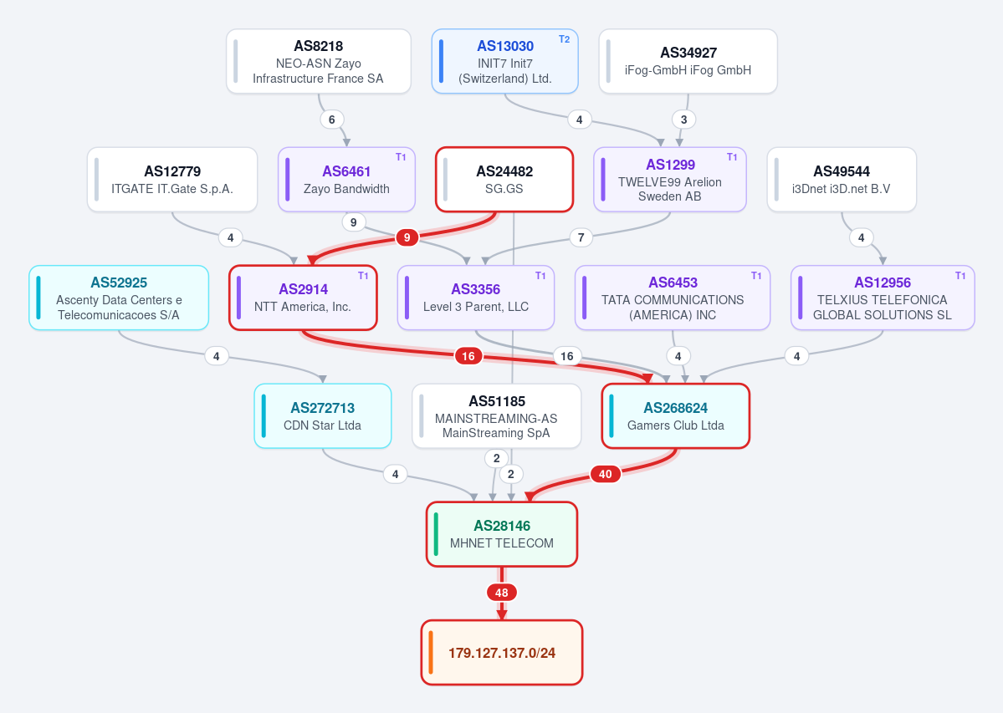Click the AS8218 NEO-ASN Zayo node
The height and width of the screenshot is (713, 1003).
click(x=319, y=61)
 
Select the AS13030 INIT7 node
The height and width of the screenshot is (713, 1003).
click(x=504, y=61)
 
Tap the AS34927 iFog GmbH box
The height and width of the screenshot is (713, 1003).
click(x=688, y=61)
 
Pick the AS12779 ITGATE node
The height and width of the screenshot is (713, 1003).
click(x=172, y=180)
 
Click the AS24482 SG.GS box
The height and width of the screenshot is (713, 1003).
click(x=504, y=180)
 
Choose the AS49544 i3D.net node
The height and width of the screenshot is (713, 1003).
click(x=842, y=180)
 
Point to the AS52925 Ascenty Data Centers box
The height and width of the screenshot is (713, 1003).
click(x=119, y=298)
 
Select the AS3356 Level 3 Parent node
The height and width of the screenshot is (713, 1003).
click(x=476, y=298)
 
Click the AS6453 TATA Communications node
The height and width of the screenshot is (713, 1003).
click(x=673, y=298)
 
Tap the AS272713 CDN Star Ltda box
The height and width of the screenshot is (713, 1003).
click(x=323, y=416)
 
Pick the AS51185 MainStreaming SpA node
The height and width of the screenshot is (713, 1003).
click(x=496, y=416)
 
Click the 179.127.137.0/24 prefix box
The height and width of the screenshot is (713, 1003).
click(x=502, y=652)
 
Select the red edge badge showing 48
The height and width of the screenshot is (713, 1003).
click(x=502, y=593)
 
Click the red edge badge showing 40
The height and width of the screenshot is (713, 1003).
click(x=605, y=474)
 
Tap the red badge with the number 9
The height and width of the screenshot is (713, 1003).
click(x=407, y=237)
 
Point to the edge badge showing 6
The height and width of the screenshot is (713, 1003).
click(x=331, y=120)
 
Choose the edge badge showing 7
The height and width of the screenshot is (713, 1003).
click(x=581, y=237)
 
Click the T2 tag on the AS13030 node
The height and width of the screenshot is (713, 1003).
click(x=564, y=39)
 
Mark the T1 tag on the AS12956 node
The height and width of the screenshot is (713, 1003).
click(x=960, y=275)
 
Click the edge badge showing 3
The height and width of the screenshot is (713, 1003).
click(x=683, y=120)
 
